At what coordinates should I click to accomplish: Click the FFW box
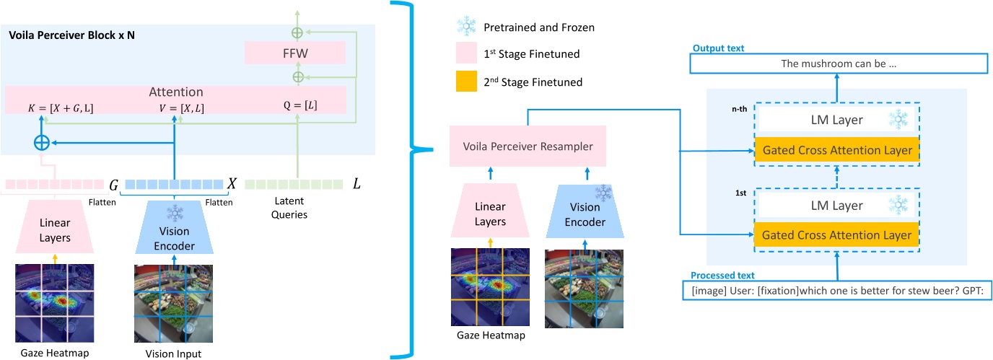pyautogui.click(x=295, y=53)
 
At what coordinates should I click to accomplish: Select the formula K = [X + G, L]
pyautogui.click(x=60, y=108)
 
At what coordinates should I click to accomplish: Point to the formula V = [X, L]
pyautogui.click(x=181, y=108)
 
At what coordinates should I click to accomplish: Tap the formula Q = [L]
pyautogui.click(x=301, y=105)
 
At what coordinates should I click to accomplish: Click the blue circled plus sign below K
pyautogui.click(x=42, y=143)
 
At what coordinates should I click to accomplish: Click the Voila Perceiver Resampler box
pyautogui.click(x=527, y=146)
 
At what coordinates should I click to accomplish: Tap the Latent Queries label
pyautogui.click(x=293, y=208)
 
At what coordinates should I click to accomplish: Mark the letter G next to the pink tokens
pyautogui.click(x=113, y=184)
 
